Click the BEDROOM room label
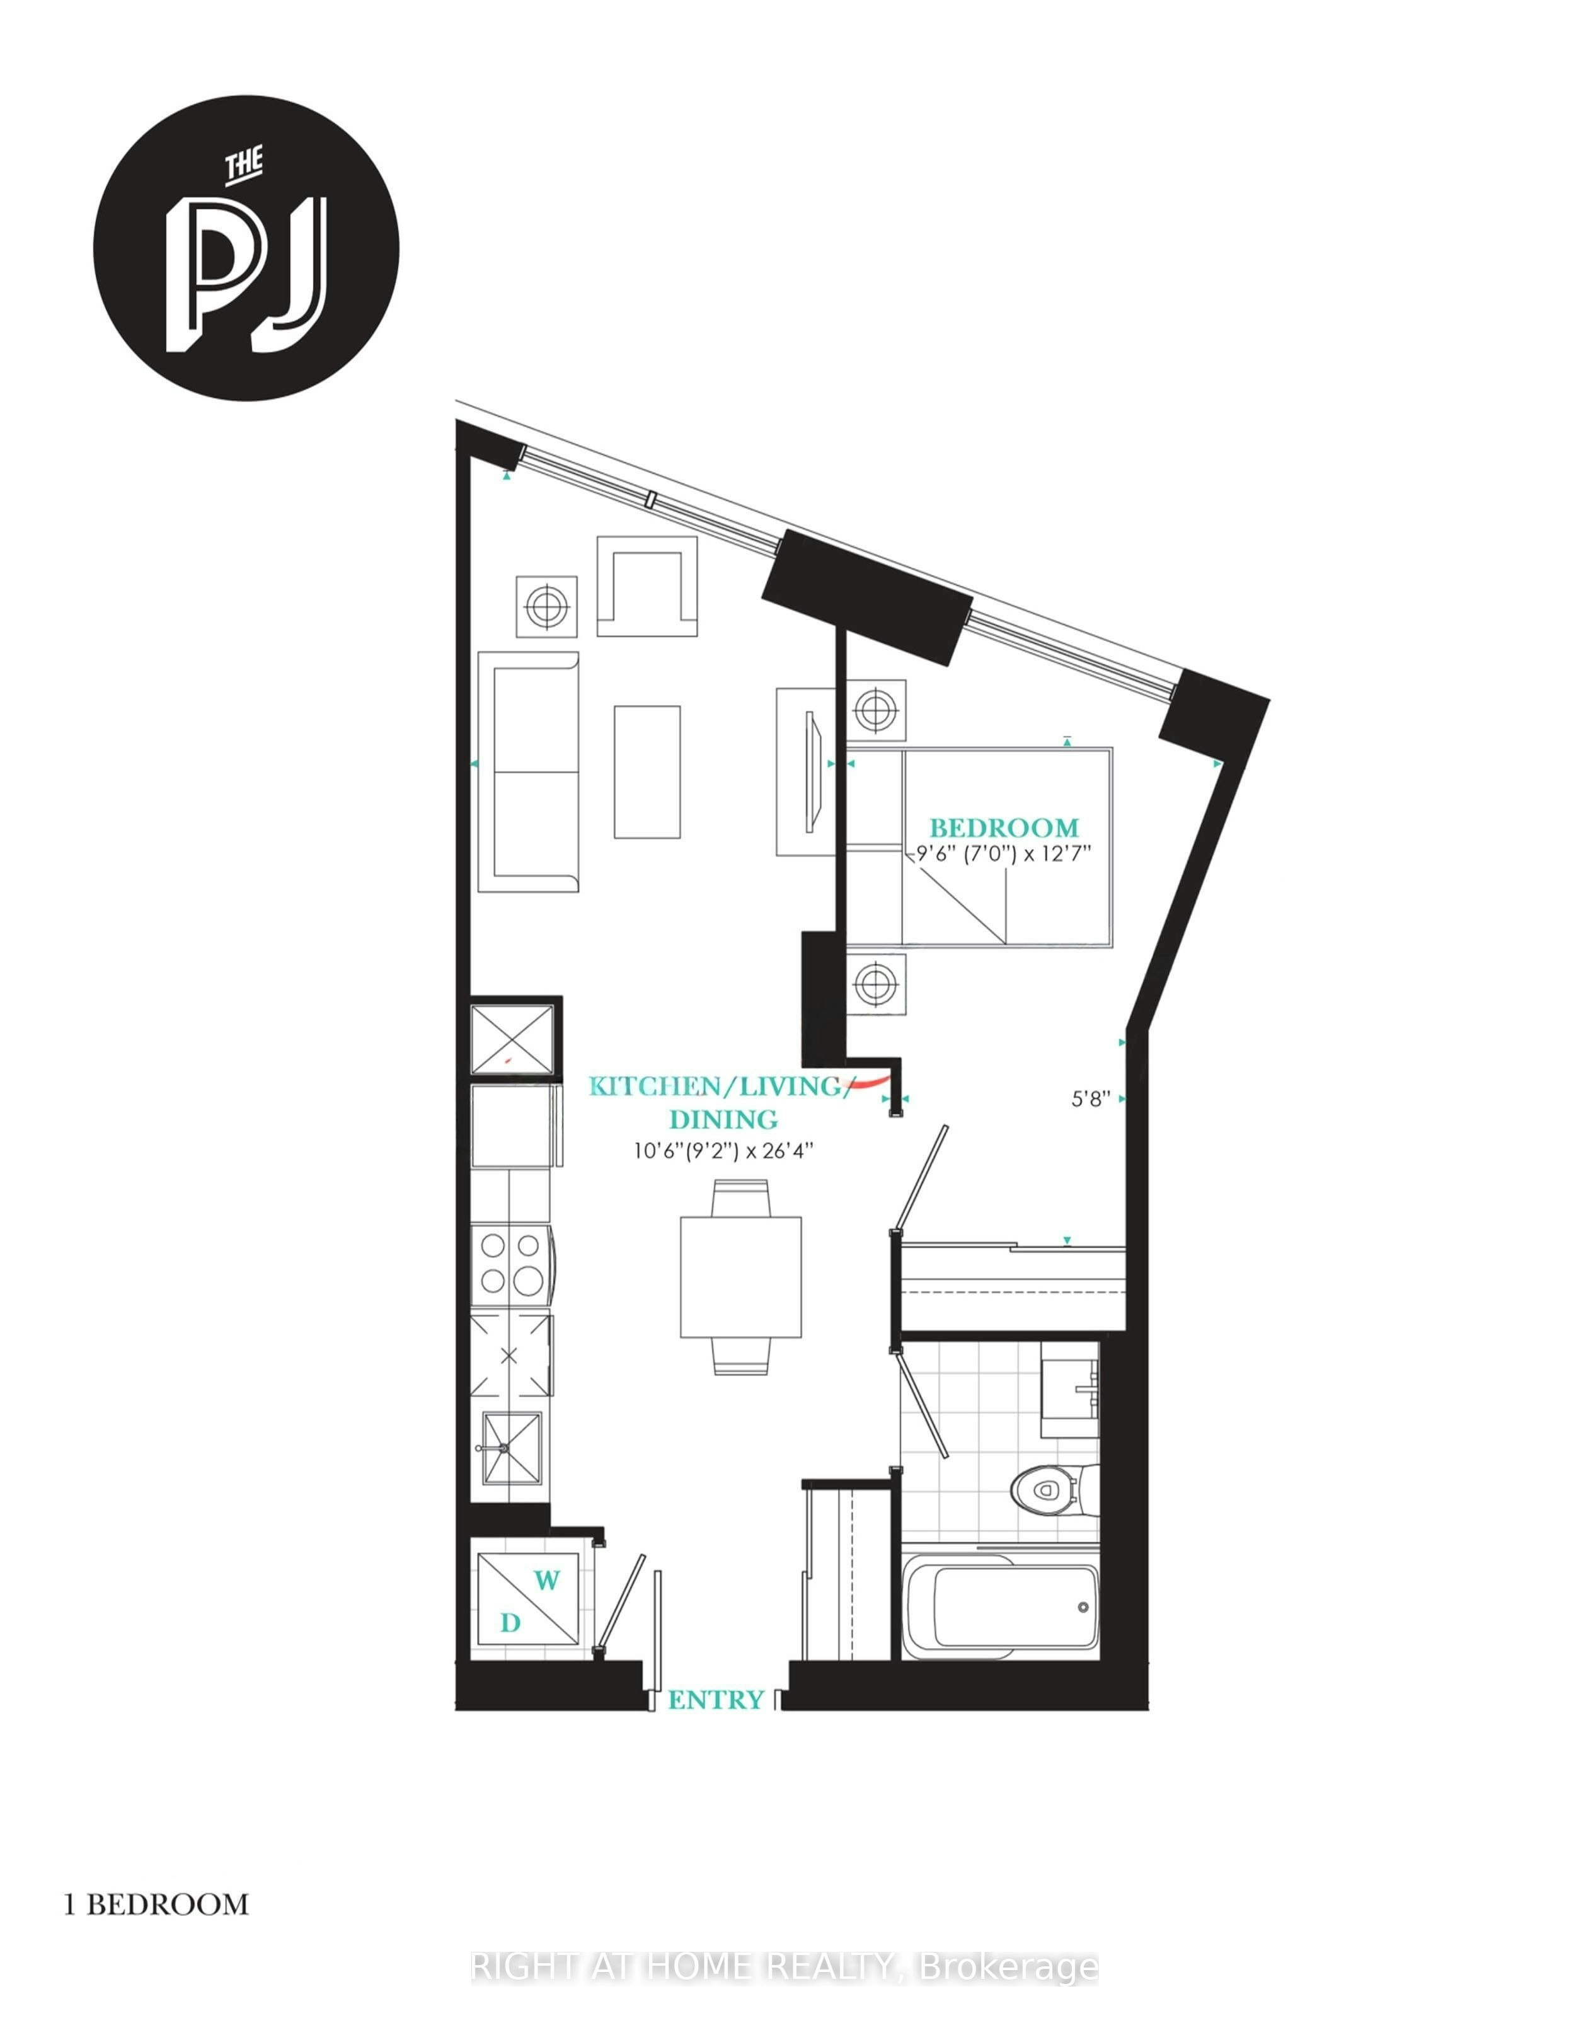[x=1004, y=828]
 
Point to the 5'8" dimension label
[x=1090, y=1100]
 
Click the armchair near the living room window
[x=647, y=586]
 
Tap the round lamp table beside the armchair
[x=546, y=606]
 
